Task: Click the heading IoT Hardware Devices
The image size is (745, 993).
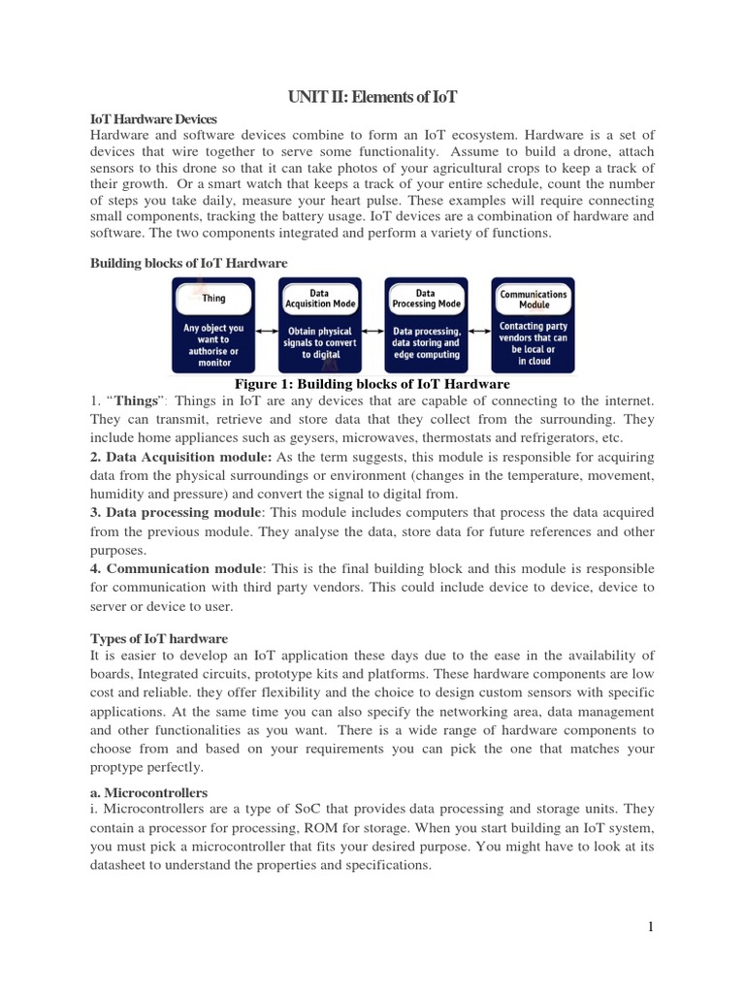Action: point(154,118)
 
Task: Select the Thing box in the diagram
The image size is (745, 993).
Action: point(213,325)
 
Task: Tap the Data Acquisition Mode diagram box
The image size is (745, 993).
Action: point(319,325)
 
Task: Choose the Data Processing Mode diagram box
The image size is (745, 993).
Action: point(426,325)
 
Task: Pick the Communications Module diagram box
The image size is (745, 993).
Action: point(533,325)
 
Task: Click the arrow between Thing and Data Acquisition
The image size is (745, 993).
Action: point(267,331)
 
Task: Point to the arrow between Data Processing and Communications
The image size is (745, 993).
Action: point(479,331)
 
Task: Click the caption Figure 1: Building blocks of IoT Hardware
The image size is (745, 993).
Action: point(372,383)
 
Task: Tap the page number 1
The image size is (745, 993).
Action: point(651,927)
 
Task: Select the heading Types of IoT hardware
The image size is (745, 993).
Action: point(159,638)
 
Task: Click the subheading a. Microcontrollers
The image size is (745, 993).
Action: point(149,792)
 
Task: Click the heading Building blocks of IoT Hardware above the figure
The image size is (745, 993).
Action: point(188,262)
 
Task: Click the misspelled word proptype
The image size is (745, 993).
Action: point(120,767)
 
